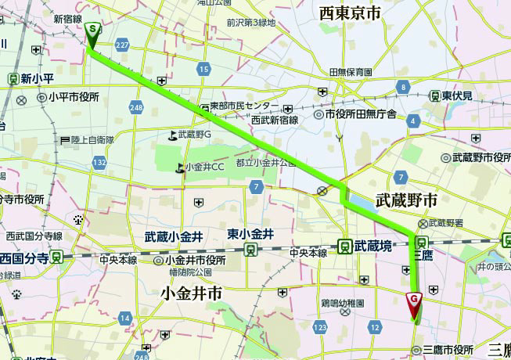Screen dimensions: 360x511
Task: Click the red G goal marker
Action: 414,299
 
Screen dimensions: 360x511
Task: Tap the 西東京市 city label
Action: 350,13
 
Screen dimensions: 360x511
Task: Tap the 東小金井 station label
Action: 250,234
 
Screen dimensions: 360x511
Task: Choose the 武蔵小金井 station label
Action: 174,236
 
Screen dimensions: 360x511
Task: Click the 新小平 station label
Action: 36,78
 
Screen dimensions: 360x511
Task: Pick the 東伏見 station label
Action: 456,95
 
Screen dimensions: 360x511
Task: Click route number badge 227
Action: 121,46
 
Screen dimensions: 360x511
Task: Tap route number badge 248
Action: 137,106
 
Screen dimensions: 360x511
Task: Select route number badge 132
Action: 99,162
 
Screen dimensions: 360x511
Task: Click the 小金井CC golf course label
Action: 205,166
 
